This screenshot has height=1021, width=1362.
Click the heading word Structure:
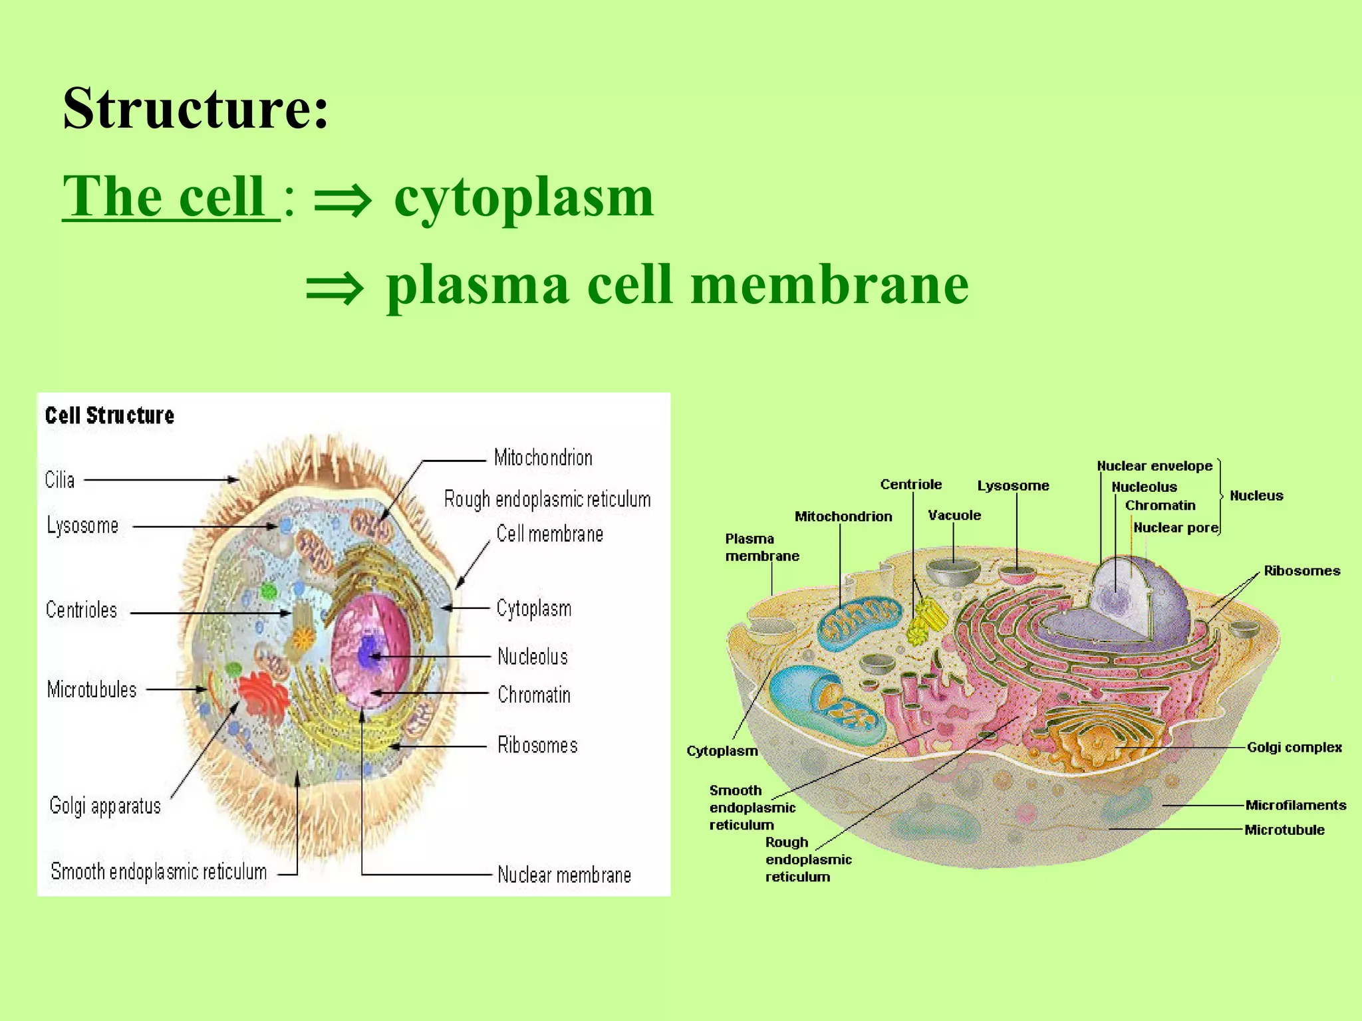point(196,108)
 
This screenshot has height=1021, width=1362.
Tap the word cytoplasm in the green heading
point(524,197)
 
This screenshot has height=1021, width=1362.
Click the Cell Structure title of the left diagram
point(110,416)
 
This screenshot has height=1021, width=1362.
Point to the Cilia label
point(60,480)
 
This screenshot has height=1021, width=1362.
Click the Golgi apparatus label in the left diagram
point(105,806)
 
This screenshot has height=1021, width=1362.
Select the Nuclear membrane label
point(564,875)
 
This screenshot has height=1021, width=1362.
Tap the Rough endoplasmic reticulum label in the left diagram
point(547,499)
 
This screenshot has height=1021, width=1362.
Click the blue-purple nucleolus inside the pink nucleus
point(368,654)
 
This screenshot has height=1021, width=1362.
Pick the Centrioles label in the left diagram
point(81,610)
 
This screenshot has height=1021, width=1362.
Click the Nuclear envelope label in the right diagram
point(1155,466)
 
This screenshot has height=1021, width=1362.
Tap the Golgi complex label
point(1294,747)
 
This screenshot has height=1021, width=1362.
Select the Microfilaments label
point(1295,806)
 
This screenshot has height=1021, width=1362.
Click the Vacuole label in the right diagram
point(954,515)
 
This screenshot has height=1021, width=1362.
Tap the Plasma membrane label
point(761,547)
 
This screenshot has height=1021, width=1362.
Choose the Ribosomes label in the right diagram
point(1301,571)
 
